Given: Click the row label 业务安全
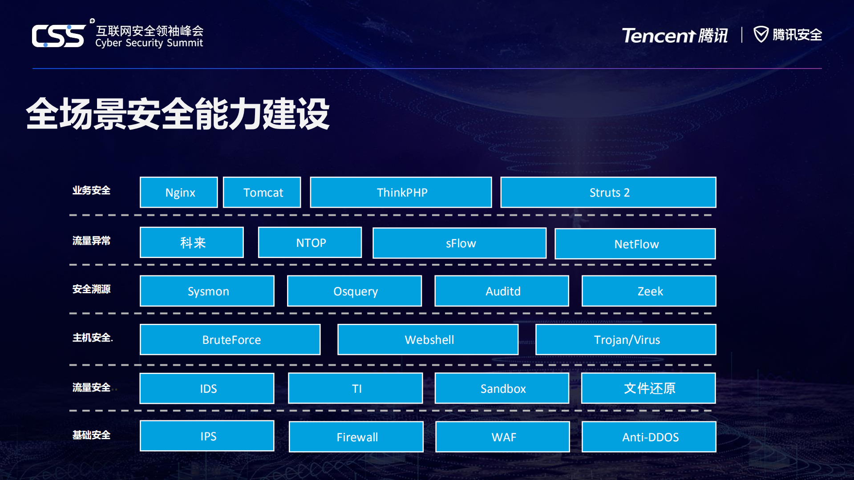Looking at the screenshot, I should [x=91, y=190].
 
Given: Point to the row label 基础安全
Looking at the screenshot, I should [x=91, y=435].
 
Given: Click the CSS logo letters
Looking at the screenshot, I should [x=58, y=36].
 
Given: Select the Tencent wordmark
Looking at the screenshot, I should [x=658, y=36].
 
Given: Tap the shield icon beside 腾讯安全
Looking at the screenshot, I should [x=761, y=34].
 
